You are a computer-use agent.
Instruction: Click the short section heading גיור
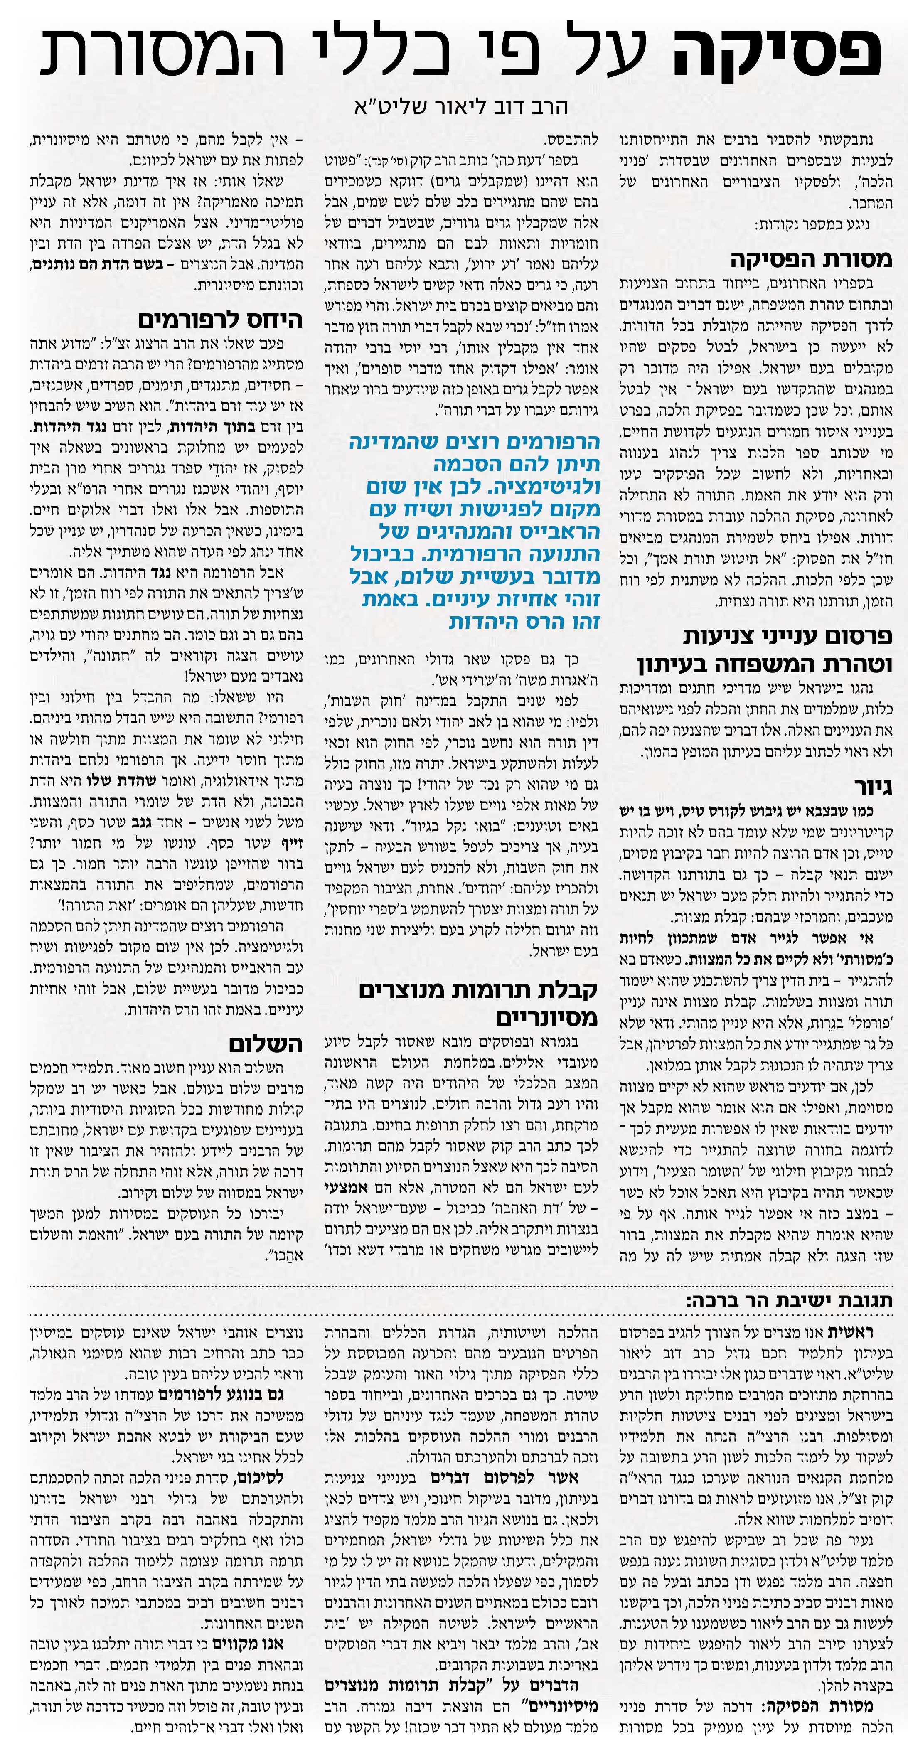(873, 787)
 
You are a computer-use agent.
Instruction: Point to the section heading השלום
(265, 1043)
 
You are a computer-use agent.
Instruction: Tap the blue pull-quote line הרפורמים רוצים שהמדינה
(475, 443)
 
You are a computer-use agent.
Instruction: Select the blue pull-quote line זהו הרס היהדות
(524, 622)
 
